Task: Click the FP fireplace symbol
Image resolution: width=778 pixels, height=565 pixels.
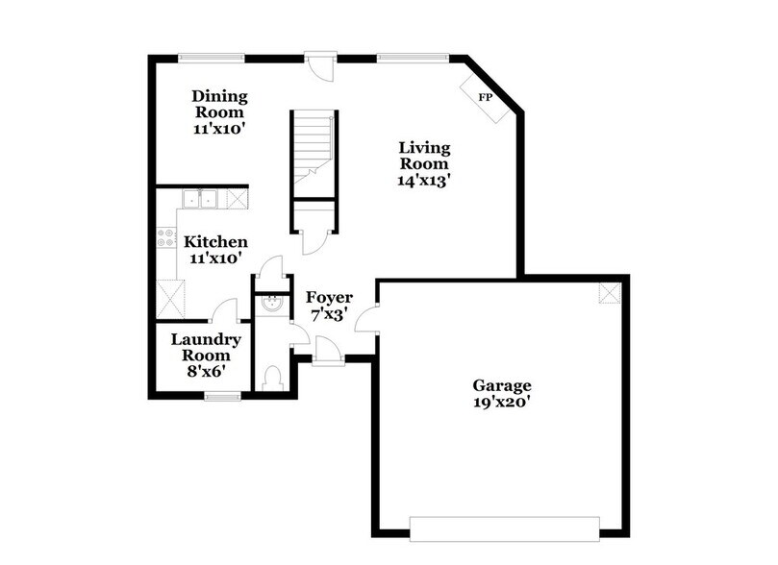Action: tap(486, 97)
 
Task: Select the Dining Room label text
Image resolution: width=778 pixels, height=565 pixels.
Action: tap(219, 111)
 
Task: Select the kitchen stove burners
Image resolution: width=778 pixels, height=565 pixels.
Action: tap(163, 237)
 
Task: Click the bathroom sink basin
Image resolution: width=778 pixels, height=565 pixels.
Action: tap(270, 306)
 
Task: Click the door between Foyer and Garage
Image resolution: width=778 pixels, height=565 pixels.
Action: tap(366, 320)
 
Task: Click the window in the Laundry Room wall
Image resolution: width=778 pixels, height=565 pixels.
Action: tap(222, 393)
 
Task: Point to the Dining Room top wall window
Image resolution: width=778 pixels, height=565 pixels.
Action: tap(212, 58)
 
